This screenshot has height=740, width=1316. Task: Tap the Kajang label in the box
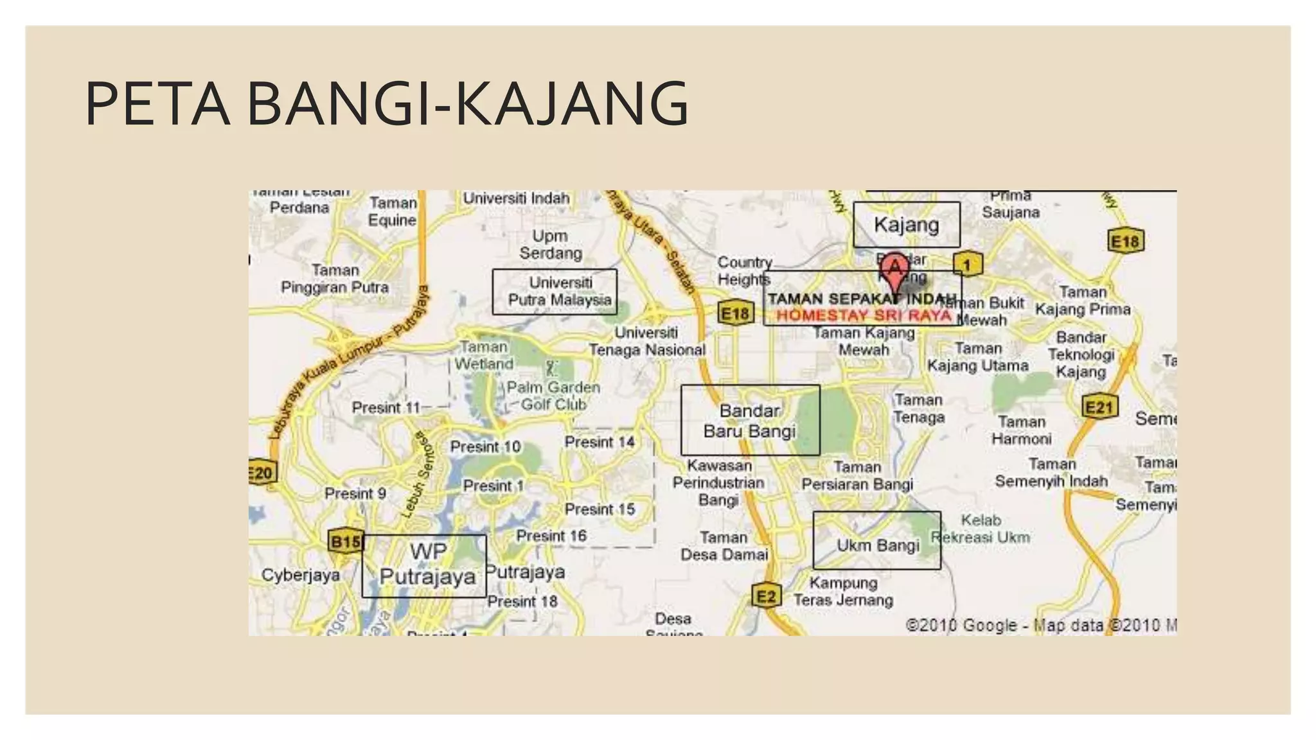(906, 225)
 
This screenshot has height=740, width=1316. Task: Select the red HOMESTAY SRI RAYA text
(863, 315)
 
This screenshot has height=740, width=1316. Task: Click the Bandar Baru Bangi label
(750, 421)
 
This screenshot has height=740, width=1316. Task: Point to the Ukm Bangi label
(877, 545)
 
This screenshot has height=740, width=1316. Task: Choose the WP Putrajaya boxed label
(427, 564)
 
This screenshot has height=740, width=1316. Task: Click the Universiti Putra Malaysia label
(560, 292)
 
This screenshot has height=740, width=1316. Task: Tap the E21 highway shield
(1099, 407)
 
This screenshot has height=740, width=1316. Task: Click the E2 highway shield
(766, 596)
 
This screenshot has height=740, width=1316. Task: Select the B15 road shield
(346, 542)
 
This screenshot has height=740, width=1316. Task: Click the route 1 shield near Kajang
(966, 264)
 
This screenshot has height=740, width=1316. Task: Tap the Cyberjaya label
(301, 575)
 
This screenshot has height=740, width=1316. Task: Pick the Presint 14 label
(600, 442)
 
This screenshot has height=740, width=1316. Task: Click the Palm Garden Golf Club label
(553, 396)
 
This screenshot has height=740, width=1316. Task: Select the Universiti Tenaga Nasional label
(647, 341)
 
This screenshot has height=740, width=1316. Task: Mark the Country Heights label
(744, 271)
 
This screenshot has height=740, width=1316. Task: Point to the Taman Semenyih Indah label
(1051, 472)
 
